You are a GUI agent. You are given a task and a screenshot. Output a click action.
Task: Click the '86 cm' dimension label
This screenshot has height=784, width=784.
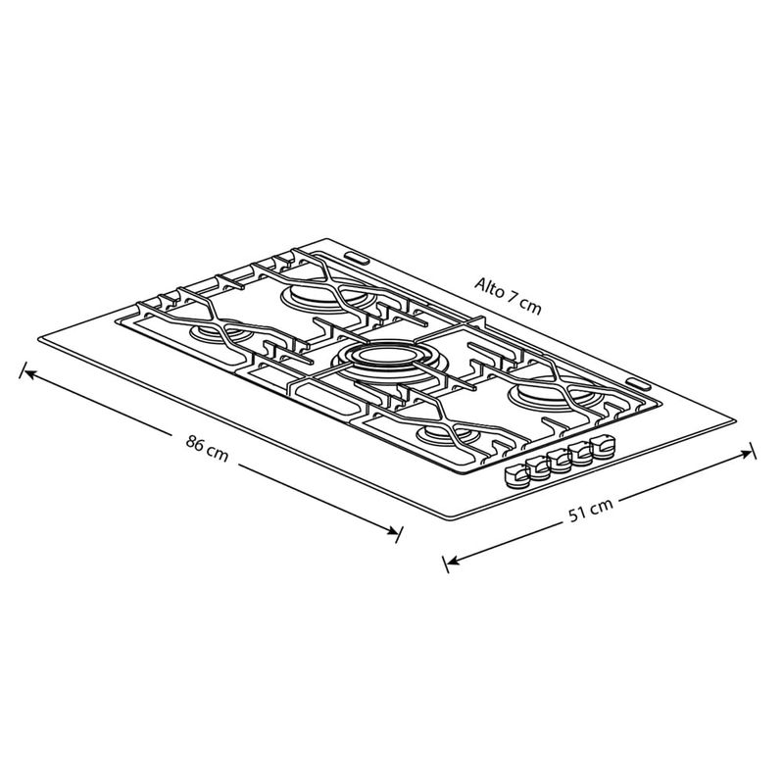[207, 449]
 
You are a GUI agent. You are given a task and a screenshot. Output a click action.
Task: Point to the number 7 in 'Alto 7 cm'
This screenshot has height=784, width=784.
[513, 298]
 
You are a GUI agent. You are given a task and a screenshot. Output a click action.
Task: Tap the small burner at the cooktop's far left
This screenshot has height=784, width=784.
[220, 331]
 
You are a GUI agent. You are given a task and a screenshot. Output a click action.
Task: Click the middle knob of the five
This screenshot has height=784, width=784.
[559, 460]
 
